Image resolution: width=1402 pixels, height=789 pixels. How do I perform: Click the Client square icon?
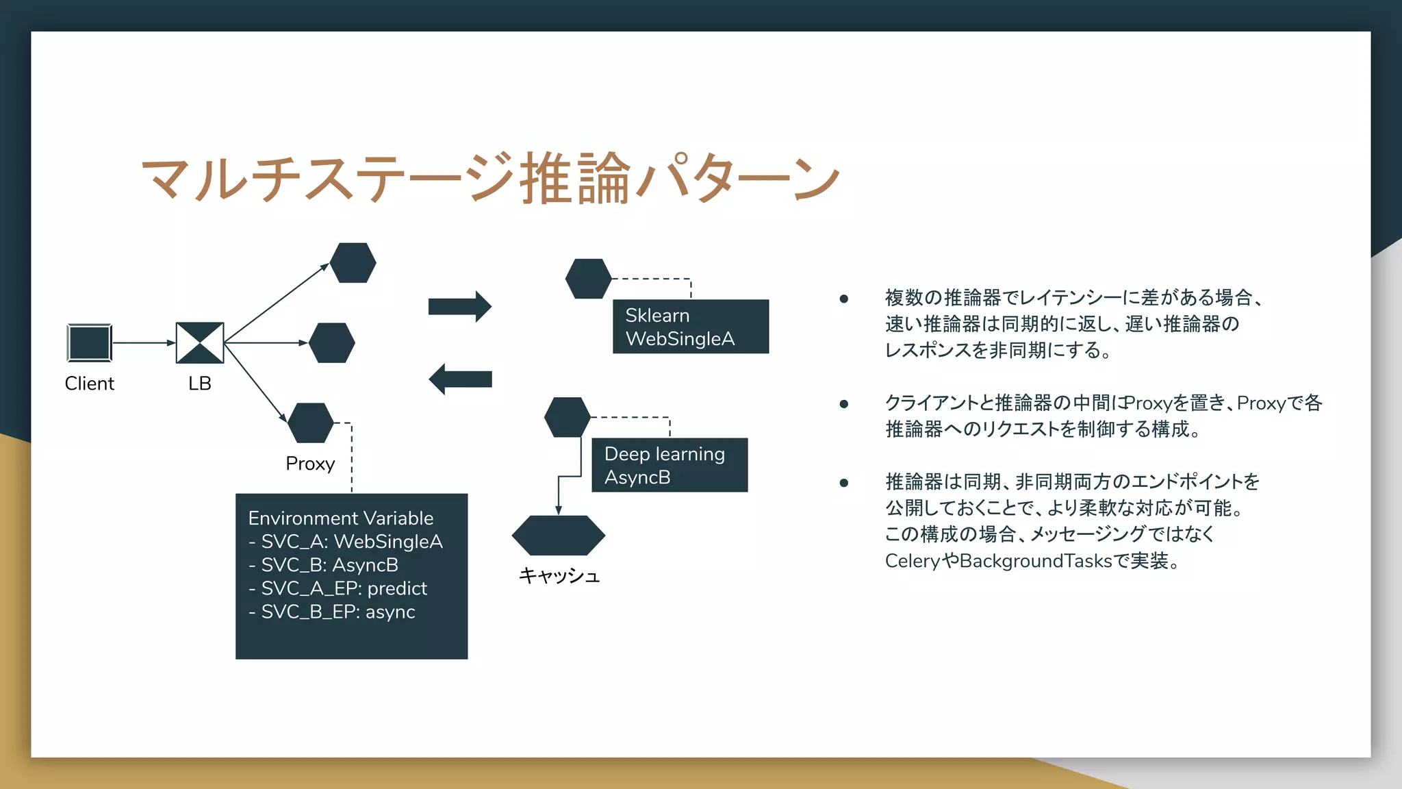click(x=90, y=342)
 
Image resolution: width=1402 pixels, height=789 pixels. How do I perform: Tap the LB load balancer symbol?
click(x=200, y=342)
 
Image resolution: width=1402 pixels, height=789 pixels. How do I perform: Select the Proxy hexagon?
click(x=311, y=423)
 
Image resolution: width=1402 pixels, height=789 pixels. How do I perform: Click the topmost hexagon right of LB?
click(x=353, y=263)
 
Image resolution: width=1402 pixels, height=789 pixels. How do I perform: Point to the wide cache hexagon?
click(x=559, y=536)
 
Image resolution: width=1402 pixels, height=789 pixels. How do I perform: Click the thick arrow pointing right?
click(x=459, y=306)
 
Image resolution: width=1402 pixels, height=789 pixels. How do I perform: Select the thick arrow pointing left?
click(x=460, y=379)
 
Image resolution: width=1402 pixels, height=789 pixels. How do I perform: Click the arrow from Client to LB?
click(x=143, y=342)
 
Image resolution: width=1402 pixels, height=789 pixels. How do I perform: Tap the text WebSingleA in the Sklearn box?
click(x=680, y=339)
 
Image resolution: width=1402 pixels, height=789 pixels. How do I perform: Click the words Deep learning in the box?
click(x=664, y=454)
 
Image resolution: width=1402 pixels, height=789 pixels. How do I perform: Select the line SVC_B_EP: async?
click(x=332, y=612)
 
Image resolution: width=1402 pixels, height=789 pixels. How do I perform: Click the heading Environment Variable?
click(x=341, y=518)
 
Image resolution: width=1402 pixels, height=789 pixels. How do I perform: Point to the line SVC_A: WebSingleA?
click(x=346, y=542)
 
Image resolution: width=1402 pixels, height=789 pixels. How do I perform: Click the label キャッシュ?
click(x=559, y=575)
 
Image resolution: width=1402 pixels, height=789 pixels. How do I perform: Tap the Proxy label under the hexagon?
click(x=310, y=464)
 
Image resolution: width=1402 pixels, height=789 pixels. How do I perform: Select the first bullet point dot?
click(x=844, y=299)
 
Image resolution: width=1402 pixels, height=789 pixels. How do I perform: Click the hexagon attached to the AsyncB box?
click(x=568, y=417)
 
